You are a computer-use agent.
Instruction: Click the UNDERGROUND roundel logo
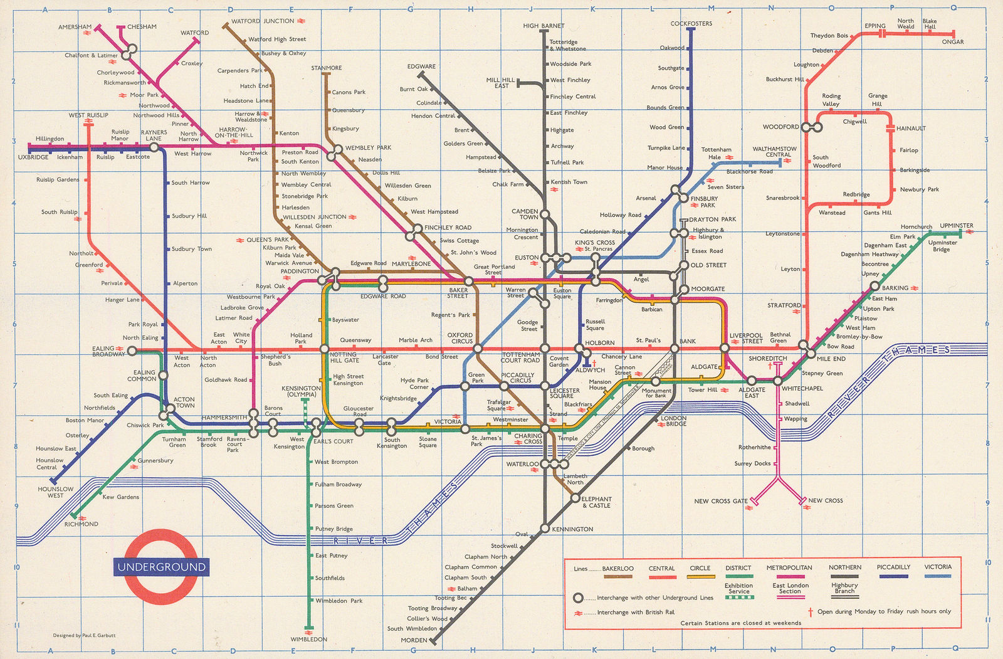162,567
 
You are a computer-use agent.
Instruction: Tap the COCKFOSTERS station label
691,24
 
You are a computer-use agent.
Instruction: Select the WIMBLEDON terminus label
308,640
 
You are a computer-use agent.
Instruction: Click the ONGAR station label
952,42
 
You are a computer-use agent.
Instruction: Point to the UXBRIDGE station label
33,157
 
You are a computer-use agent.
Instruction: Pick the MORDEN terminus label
414,640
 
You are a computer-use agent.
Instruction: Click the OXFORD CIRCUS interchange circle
478,349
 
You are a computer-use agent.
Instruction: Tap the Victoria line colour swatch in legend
937,576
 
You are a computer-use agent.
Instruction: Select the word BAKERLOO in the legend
617,568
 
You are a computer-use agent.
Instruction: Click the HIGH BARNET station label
544,26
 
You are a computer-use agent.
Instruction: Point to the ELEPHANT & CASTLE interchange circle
575,498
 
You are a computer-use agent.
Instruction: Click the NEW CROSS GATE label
720,501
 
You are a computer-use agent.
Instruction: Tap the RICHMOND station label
81,524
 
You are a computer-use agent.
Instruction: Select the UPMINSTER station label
956,226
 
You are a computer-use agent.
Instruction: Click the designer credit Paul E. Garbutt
84,635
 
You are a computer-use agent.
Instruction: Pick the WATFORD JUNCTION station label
263,21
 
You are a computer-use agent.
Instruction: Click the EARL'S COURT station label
333,441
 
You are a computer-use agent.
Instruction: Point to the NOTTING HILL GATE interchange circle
325,349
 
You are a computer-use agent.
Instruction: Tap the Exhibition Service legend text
738,588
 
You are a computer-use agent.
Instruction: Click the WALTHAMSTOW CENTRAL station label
774,152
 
